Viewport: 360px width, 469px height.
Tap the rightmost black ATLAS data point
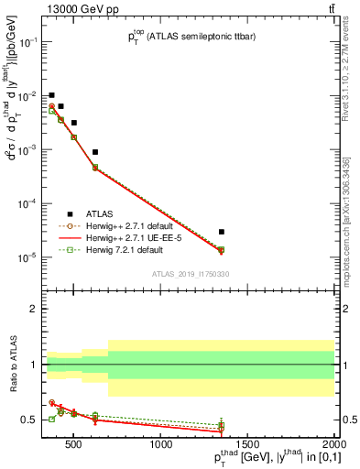point(222,232)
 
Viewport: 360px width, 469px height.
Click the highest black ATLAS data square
point(52,95)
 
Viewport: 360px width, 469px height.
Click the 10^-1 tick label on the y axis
point(28,42)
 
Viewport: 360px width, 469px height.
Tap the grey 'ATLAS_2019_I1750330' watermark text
point(190,274)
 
